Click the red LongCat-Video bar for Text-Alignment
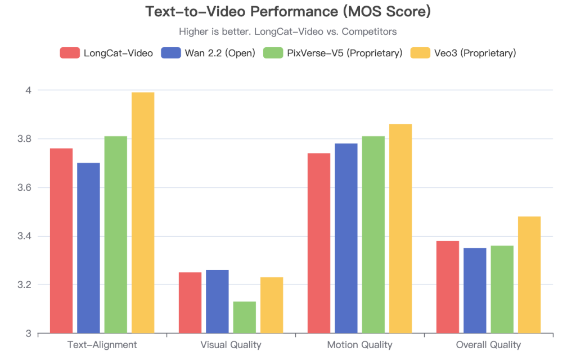pyautogui.click(x=61, y=240)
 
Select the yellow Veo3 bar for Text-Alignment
pyautogui.click(x=142, y=213)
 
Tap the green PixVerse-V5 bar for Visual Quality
pyautogui.click(x=245, y=317)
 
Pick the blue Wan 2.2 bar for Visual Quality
pyautogui.click(x=217, y=301)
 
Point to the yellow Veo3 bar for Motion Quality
pyautogui.click(x=400, y=228)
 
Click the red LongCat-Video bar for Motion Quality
pyautogui.click(x=319, y=243)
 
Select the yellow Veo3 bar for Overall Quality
pyautogui.click(x=529, y=274)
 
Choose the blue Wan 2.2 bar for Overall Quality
pyautogui.click(x=475, y=290)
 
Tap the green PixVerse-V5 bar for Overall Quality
pyautogui.click(x=502, y=289)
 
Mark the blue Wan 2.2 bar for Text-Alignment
pyautogui.click(x=88, y=247)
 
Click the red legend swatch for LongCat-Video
pyautogui.click(x=70, y=53)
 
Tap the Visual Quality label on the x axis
pyautogui.click(x=231, y=345)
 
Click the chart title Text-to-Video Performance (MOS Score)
pyautogui.click(x=288, y=12)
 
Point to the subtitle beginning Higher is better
pyautogui.click(x=288, y=31)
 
